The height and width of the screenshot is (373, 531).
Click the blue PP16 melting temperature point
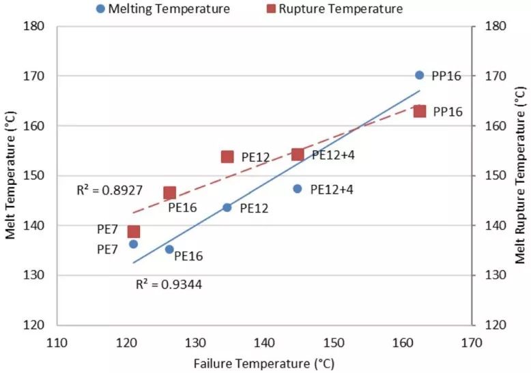(x=419, y=75)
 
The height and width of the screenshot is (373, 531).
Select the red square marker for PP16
(x=420, y=111)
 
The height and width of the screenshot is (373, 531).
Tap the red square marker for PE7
(x=134, y=231)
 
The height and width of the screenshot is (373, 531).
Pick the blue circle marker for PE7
(x=134, y=244)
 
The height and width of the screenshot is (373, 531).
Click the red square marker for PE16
(x=169, y=193)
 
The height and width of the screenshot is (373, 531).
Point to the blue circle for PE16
(x=169, y=250)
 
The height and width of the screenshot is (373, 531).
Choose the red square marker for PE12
(x=227, y=157)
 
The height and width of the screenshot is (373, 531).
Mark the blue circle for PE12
(x=227, y=207)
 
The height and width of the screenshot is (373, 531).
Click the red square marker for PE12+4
(x=298, y=154)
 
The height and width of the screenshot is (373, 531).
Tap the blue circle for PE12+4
(x=298, y=189)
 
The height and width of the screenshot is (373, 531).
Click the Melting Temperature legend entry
(x=163, y=9)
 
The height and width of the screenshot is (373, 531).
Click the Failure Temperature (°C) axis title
(x=264, y=363)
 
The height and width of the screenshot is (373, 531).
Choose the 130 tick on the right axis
(x=493, y=275)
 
